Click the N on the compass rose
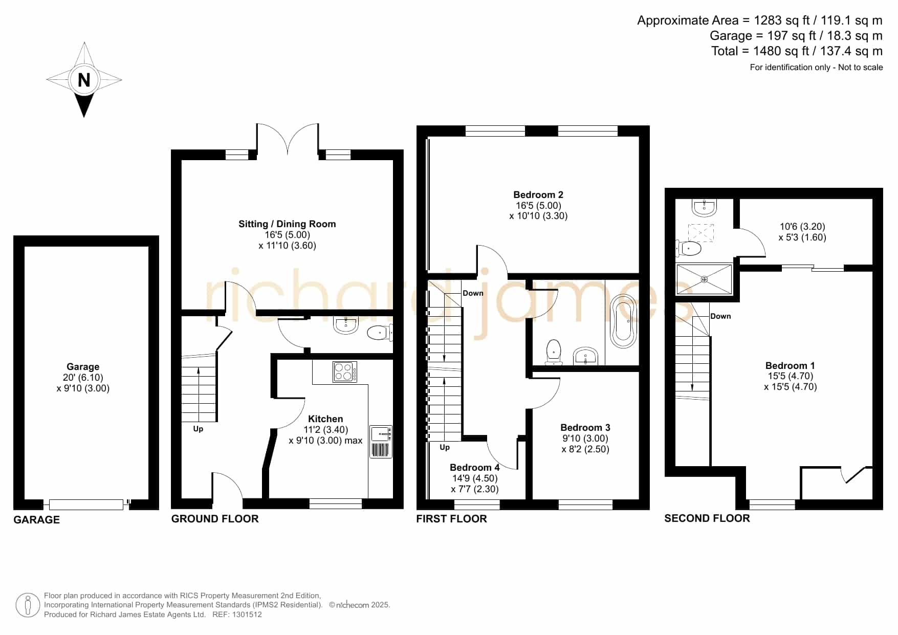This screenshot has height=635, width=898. (x=84, y=80)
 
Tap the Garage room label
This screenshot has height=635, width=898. (x=83, y=366)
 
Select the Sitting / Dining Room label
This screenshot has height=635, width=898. (x=287, y=224)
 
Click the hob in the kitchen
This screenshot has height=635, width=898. (x=345, y=371)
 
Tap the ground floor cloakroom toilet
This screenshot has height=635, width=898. (x=380, y=333)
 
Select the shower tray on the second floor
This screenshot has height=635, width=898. (x=704, y=279)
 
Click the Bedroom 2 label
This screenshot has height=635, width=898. (x=538, y=194)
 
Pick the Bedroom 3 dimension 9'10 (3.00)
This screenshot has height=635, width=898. (x=585, y=439)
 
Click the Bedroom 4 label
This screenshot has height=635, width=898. (x=475, y=467)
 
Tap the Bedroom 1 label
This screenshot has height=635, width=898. (x=790, y=365)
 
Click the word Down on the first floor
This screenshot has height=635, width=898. (x=473, y=293)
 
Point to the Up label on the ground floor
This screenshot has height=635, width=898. (x=198, y=429)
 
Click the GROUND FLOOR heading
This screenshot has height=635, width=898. (x=215, y=519)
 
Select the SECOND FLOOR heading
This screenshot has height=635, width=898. (x=707, y=518)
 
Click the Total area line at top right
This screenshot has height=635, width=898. (x=797, y=51)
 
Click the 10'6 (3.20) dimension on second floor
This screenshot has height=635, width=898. (x=802, y=226)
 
